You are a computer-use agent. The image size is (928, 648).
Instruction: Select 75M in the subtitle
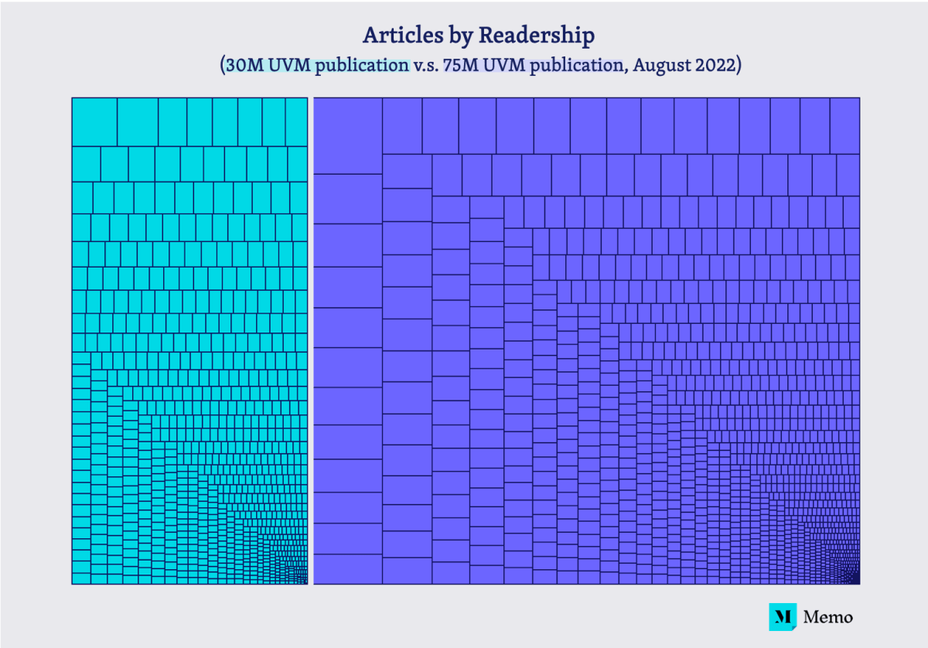458,65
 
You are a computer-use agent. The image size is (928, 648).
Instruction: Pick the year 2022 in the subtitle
715,65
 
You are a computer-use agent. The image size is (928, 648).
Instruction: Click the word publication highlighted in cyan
360,65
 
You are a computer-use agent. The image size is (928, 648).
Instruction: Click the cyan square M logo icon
782,616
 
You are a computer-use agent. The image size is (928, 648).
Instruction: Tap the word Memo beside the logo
827,617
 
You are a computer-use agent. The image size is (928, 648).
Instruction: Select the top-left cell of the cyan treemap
94,121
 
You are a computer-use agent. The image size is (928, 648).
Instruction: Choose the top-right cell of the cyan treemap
296,121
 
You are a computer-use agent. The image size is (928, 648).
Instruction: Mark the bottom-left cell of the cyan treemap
81,578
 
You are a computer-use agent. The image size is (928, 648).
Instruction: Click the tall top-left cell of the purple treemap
347,135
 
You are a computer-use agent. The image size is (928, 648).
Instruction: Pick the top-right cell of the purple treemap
844,125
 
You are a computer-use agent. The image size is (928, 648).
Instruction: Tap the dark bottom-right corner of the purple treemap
855,580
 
